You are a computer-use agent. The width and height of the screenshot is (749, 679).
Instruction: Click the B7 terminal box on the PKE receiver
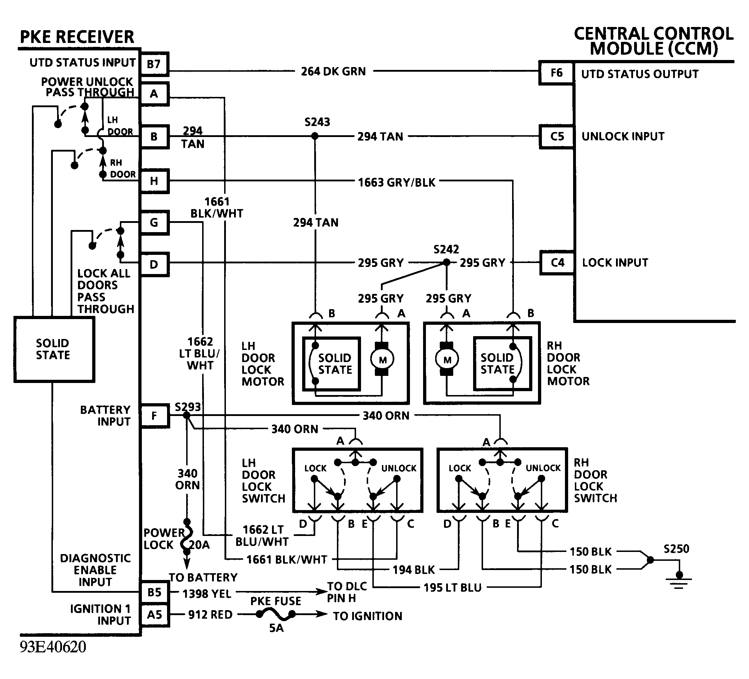[x=154, y=64]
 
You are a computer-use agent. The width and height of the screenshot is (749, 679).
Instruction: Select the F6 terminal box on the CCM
[x=556, y=72]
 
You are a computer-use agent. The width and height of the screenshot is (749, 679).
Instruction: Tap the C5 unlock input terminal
[x=556, y=136]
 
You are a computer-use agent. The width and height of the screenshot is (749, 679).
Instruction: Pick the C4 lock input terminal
[x=557, y=263]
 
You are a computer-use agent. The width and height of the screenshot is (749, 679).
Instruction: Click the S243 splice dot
[x=315, y=136]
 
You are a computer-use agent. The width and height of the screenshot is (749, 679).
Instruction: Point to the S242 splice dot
[x=446, y=263]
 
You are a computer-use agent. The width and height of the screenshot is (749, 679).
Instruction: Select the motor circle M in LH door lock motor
[x=382, y=359]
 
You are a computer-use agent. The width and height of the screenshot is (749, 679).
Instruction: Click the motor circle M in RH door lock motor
[x=447, y=359]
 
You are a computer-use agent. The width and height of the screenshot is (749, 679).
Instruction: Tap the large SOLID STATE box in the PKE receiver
[x=54, y=349]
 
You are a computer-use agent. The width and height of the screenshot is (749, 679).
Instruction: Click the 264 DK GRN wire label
[x=333, y=71]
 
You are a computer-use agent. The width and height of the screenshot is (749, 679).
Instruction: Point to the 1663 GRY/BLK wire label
[x=396, y=182]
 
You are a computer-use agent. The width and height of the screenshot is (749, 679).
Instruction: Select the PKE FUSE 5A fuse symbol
[x=276, y=615]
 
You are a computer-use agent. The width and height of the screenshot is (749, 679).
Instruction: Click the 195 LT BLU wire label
[x=452, y=587]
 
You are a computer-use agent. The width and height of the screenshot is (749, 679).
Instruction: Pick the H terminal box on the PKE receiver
[x=154, y=181]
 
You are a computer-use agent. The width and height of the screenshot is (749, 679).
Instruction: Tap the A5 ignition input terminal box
[x=154, y=615]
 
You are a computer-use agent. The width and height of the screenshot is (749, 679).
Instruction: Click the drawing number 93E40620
[x=53, y=647]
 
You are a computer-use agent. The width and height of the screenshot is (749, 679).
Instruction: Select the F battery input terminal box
[x=154, y=415]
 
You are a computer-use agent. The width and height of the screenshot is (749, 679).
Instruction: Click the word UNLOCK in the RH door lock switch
[x=543, y=468]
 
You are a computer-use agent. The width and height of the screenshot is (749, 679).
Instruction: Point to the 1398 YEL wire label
[x=206, y=594]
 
